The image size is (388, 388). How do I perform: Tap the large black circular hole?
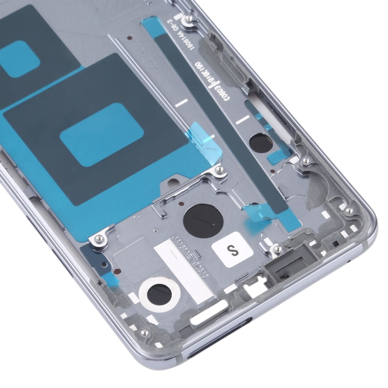coord(202,221)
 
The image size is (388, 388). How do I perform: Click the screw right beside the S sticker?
coord(277,249)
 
